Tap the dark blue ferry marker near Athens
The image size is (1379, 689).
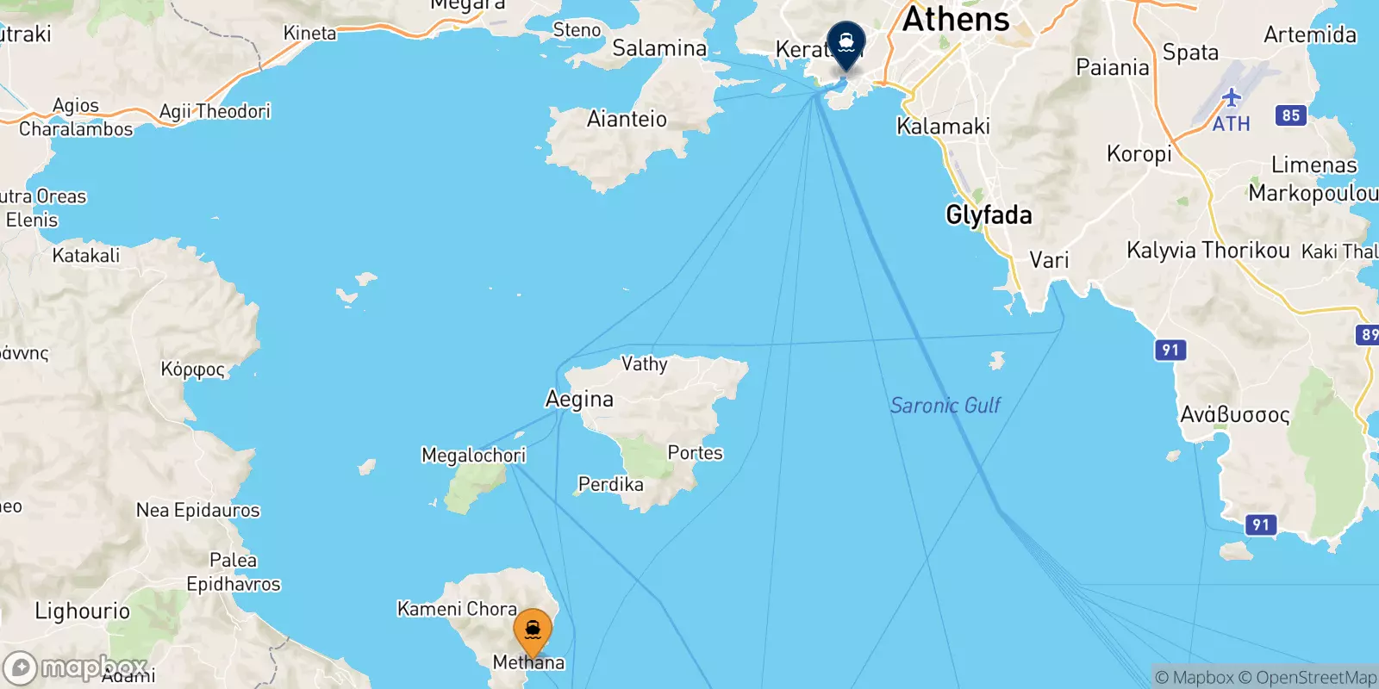[845, 43]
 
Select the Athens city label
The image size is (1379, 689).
[955, 19]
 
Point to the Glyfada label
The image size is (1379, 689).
[989, 214]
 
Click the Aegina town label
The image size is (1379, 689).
[579, 399]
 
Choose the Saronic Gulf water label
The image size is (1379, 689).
[945, 405]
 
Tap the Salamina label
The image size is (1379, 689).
[659, 48]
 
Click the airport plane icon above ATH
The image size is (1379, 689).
[1231, 97]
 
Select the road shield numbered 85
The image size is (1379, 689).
[1290, 115]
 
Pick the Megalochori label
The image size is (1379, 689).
[473, 455]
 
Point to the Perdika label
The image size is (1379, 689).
[610, 484]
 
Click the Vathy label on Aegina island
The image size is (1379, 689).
[644, 363]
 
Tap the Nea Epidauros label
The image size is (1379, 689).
[197, 510]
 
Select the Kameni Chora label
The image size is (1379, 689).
[457, 609]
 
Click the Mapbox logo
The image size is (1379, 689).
[76, 667]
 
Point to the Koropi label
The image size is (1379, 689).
[1139, 153]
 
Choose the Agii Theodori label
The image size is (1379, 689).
[215, 111]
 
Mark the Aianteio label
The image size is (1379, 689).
[627, 119]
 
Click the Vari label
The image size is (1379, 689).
[1049, 259]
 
